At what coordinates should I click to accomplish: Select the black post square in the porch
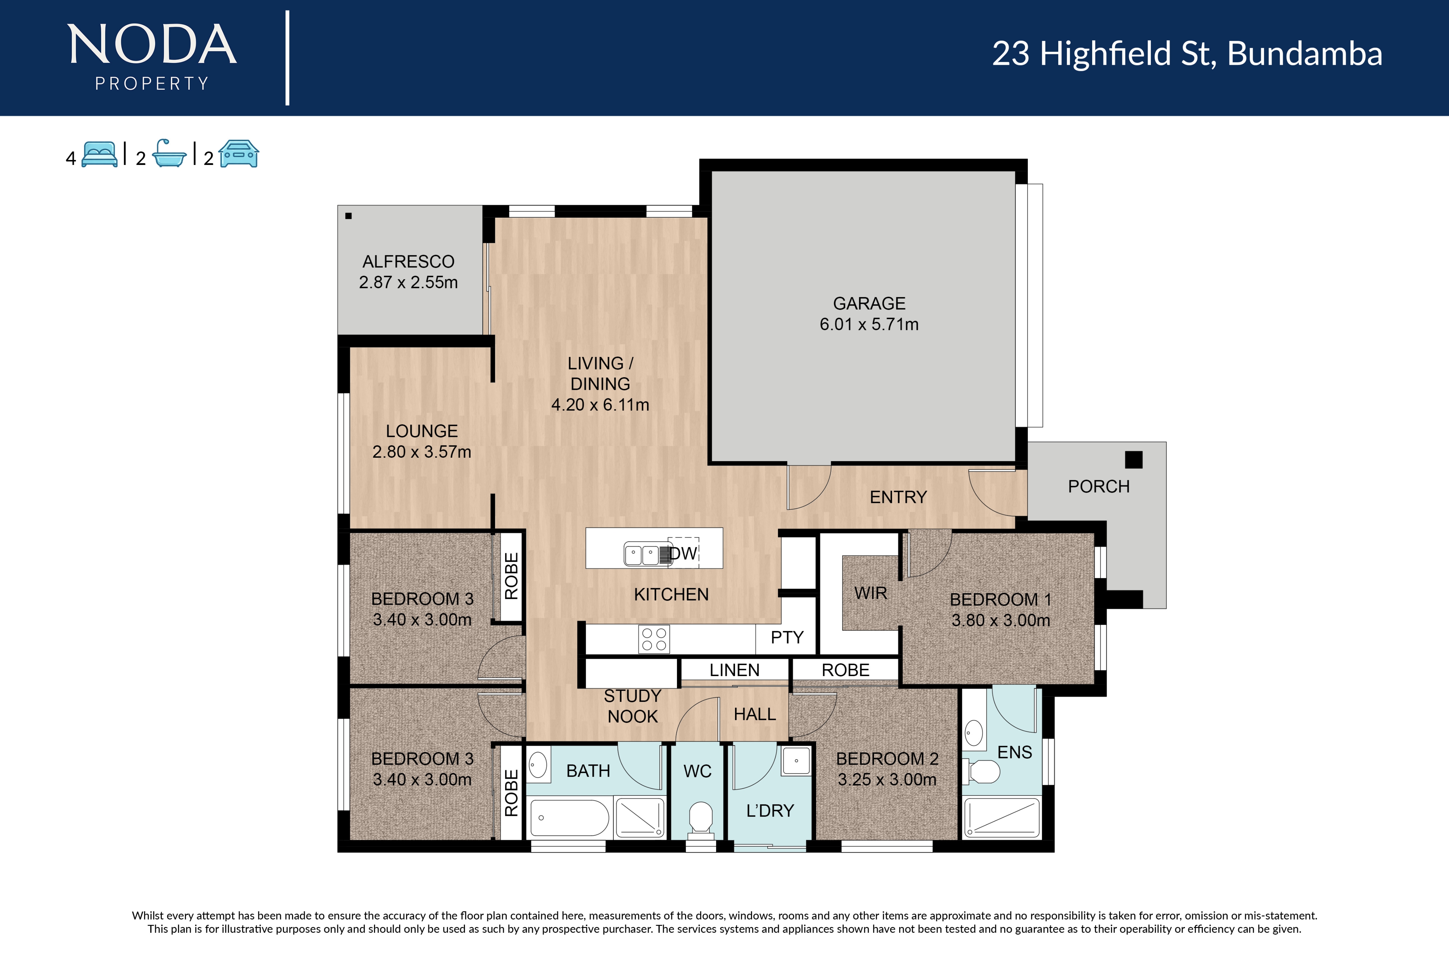(x=1133, y=460)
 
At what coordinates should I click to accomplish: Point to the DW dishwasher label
(x=684, y=553)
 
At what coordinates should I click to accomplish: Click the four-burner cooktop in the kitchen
(x=653, y=639)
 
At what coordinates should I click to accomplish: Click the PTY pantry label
(x=787, y=637)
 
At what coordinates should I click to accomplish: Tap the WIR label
(x=870, y=593)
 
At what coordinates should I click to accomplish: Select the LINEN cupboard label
(x=734, y=670)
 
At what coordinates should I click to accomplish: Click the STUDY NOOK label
(x=632, y=706)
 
